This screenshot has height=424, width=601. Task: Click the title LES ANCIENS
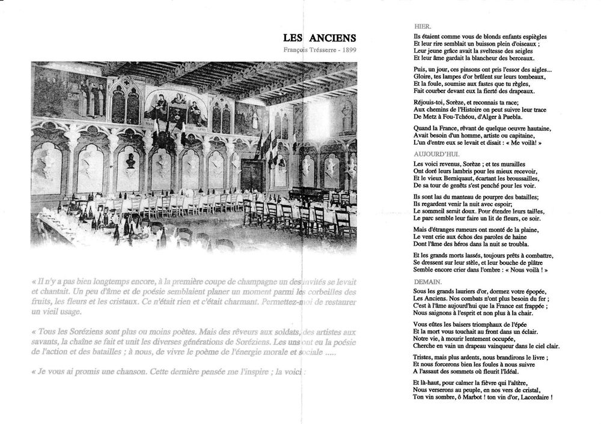click(320, 38)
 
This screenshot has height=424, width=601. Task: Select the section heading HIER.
click(423, 27)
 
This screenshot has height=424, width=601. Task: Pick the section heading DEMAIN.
click(428, 281)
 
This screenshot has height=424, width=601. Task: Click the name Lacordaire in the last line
click(531, 397)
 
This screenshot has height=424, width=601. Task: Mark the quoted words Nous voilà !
click(526, 270)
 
